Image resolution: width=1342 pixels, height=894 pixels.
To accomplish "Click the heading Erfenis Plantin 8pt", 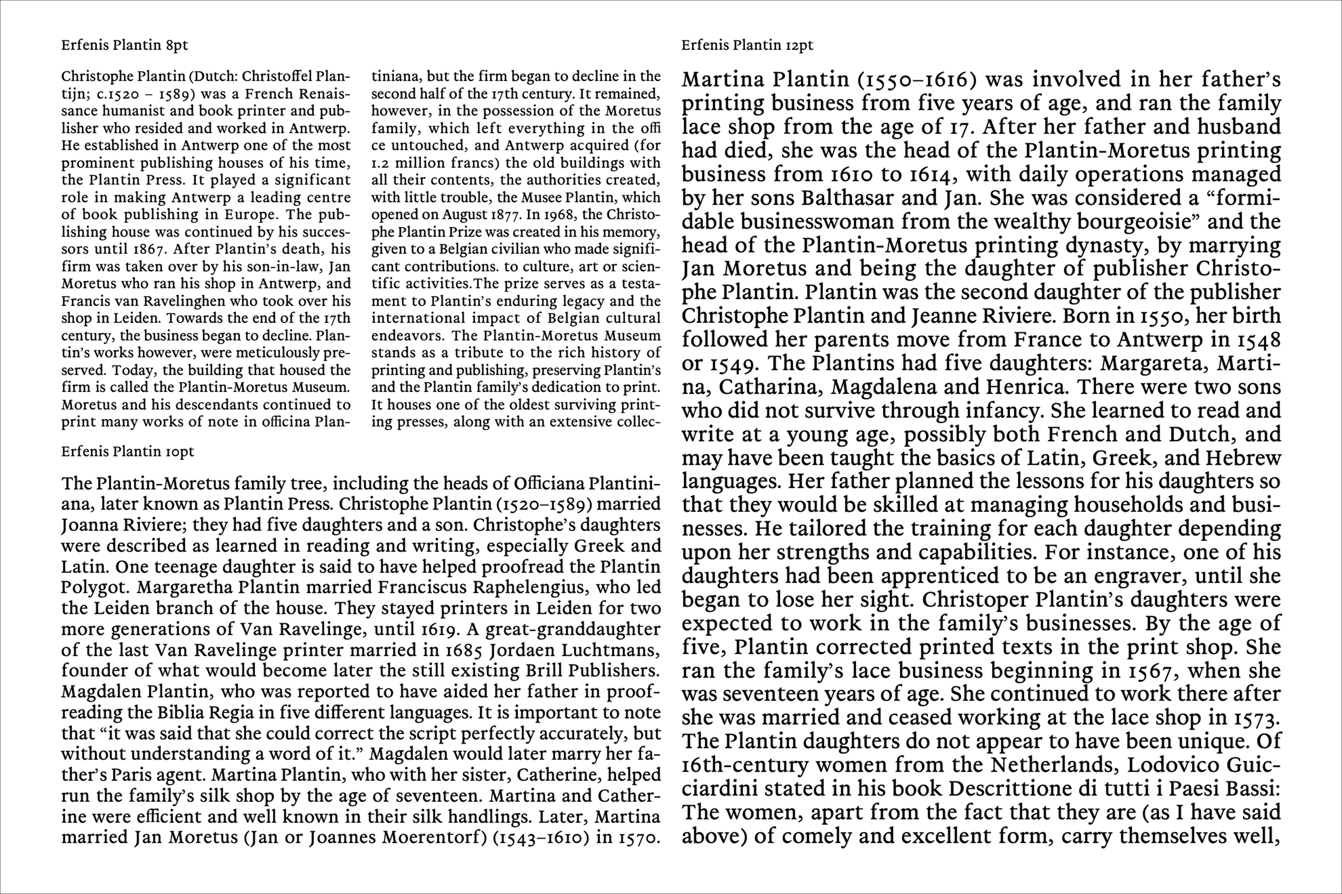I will [x=124, y=46].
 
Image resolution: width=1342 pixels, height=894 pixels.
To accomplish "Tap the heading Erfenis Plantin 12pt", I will [x=747, y=46].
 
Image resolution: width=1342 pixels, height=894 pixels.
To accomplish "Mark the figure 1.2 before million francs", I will [x=380, y=163].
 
